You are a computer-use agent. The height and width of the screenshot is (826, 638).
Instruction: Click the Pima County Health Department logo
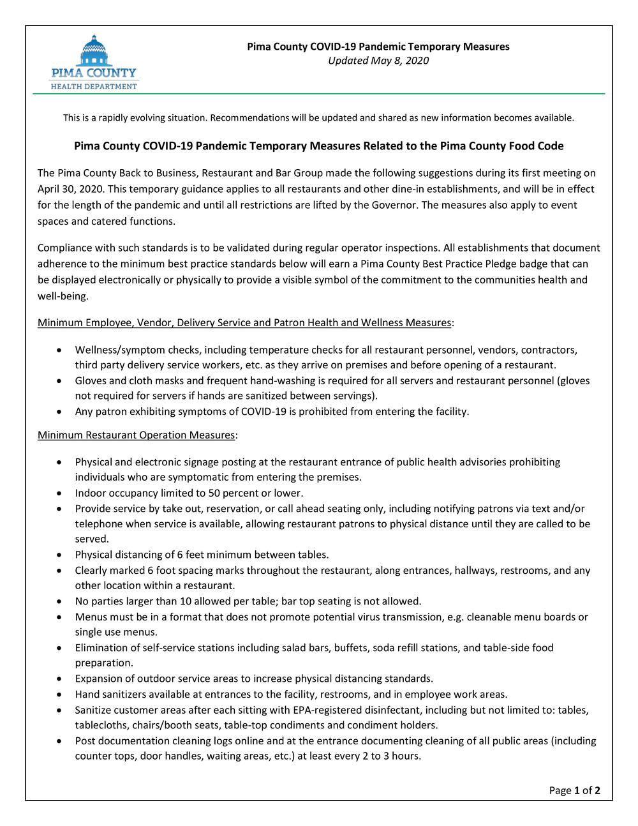coord(94,62)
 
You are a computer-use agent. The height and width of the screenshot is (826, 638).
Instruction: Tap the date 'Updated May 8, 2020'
coord(378,61)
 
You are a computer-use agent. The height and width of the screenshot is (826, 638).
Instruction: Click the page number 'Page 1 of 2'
coord(574,791)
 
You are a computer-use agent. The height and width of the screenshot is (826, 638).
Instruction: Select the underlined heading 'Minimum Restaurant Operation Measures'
coord(137,435)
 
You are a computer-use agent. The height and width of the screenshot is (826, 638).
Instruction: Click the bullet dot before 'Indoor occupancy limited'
coord(59,493)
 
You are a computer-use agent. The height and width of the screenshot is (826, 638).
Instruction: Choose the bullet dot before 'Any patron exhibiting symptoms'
coord(59,412)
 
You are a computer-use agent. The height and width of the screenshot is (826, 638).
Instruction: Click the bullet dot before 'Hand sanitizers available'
coord(59,695)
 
